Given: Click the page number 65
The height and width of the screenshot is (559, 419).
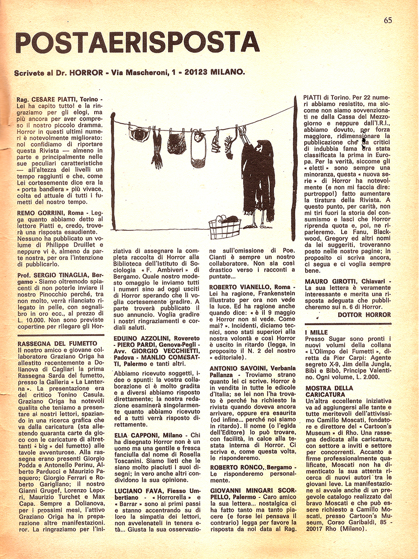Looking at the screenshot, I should [388, 20].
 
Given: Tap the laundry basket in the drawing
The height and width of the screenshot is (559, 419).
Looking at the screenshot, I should [224, 227].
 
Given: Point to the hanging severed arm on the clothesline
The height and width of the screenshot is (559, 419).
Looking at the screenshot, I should [157, 148].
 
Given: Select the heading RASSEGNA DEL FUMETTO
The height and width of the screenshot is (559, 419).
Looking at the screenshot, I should [57, 343].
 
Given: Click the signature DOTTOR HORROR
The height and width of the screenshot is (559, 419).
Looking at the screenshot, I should [364, 314].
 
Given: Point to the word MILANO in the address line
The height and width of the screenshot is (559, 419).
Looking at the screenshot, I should [227, 72].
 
